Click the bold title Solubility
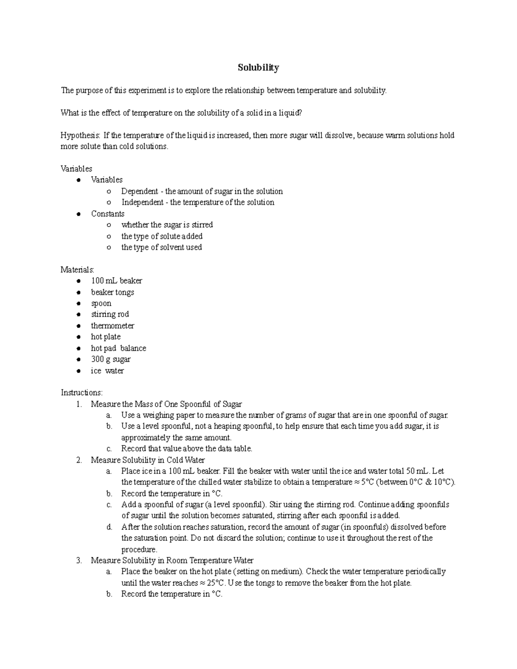(x=258, y=68)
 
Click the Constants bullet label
(x=107, y=214)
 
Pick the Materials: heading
(x=77, y=270)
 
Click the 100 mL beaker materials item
(x=116, y=281)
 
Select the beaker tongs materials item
(x=112, y=292)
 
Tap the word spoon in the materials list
(x=101, y=303)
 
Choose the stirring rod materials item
(x=110, y=314)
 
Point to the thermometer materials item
(x=112, y=326)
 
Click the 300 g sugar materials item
(x=111, y=359)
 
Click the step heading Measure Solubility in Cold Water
(x=148, y=460)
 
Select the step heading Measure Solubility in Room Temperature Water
(x=172, y=560)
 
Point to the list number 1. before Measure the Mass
(x=78, y=404)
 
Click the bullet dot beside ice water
(x=78, y=371)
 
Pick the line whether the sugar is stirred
(x=167, y=225)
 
